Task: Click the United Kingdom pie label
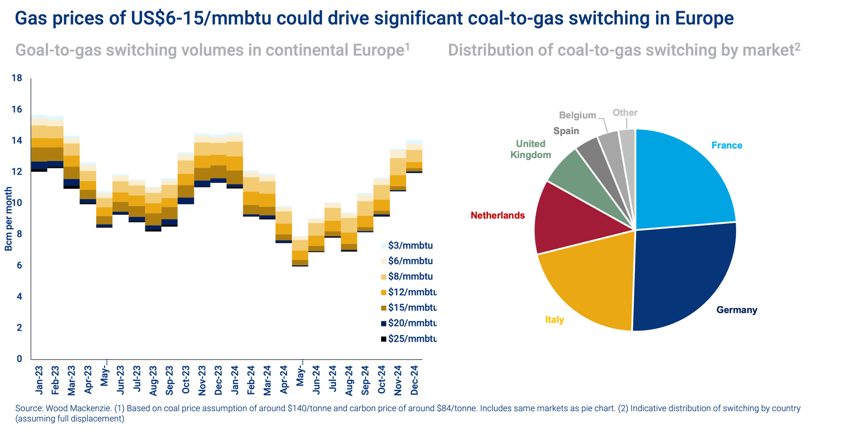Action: (x=531, y=149)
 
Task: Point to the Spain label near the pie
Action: (x=566, y=131)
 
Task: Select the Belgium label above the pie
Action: (x=577, y=115)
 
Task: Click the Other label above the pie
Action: (x=625, y=113)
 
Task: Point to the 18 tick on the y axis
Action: (x=17, y=78)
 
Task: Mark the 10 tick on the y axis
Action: (x=17, y=203)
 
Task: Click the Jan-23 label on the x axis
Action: (x=39, y=380)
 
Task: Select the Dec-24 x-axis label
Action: (x=414, y=380)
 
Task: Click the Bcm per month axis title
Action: (x=9, y=219)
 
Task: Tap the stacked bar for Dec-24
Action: (x=414, y=157)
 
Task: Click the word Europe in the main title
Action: (x=704, y=18)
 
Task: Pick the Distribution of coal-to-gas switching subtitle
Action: (x=624, y=50)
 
